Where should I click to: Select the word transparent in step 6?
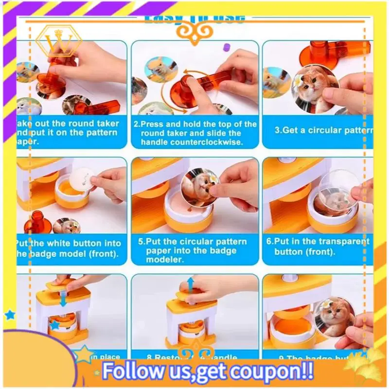(x=339, y=241)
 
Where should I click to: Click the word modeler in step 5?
(x=166, y=260)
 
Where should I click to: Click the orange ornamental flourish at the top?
(x=194, y=32)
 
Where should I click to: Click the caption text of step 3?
(x=323, y=130)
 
